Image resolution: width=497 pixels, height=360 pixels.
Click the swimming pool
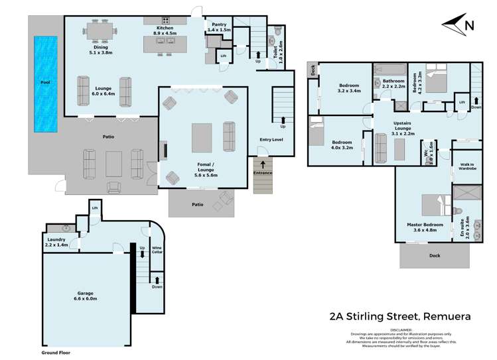[x=45, y=83]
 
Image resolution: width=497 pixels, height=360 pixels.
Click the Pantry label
[x=218, y=27]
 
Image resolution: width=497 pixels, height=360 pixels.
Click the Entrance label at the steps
[x=263, y=173]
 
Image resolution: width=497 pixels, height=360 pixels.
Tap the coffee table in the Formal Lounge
[x=202, y=137]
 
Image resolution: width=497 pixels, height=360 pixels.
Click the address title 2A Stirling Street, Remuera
[x=400, y=316]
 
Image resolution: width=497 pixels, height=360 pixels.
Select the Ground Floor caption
[x=55, y=353]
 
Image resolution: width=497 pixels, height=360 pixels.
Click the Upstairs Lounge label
[x=399, y=131]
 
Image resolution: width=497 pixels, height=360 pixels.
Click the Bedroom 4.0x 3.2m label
[x=342, y=145]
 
